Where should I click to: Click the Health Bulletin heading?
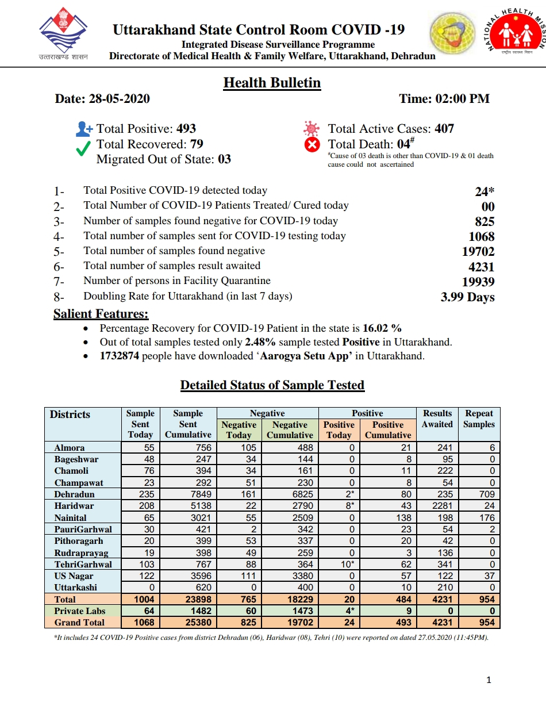pyautogui.click(x=272, y=83)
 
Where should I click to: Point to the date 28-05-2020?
pyautogui.click(x=119, y=99)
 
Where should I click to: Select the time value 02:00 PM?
pyautogui.click(x=462, y=99)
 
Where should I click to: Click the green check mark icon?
pyautogui.click(x=83, y=148)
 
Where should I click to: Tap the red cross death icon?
pyautogui.click(x=312, y=145)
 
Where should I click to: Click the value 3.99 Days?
pyautogui.click(x=467, y=297)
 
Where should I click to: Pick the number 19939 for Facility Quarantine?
pyautogui.click(x=478, y=282)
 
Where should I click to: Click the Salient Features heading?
pyautogui.click(x=101, y=314)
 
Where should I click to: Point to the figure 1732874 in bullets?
pyautogui.click(x=120, y=356)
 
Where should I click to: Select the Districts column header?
pyautogui.click(x=70, y=415)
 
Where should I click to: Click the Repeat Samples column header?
pyautogui.click(x=479, y=419)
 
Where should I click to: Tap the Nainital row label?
pyautogui.click(x=71, y=517)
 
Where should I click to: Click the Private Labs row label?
pyautogui.click(x=80, y=611)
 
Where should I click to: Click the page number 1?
pyautogui.click(x=489, y=681)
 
